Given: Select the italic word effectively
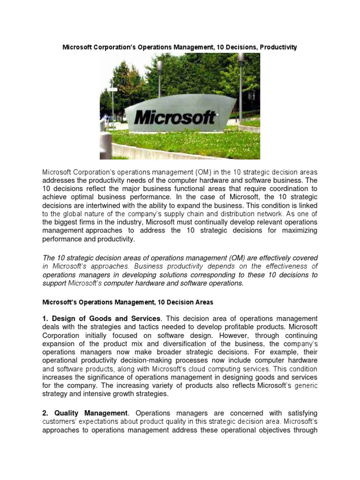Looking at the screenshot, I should pos(272,258).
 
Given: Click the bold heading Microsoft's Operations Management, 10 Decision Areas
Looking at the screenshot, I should pos(128,302).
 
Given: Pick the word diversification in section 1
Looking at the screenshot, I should pos(184,344).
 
